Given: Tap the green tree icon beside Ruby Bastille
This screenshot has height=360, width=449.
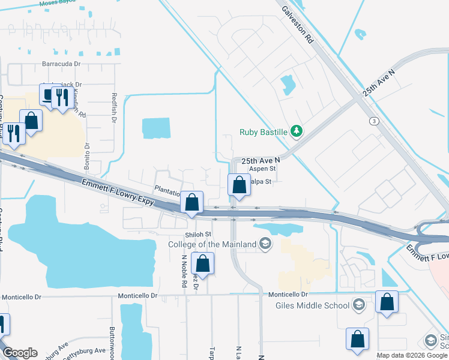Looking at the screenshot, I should (296, 131).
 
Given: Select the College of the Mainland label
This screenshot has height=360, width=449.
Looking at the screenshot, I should (212, 244).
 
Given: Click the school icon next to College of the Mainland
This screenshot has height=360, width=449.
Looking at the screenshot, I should (265, 244).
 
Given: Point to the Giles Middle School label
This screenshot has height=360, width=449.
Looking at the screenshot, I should (312, 305).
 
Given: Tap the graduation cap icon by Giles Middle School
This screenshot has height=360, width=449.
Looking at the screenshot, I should (359, 305).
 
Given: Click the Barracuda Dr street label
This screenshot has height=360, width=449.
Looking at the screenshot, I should (61, 63).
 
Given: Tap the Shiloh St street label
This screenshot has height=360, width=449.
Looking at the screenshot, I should (199, 234).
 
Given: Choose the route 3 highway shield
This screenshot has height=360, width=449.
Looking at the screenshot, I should (375, 121).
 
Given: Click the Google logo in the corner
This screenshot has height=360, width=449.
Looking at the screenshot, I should (19, 353).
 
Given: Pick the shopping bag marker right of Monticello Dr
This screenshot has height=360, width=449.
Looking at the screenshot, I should (387, 301).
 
